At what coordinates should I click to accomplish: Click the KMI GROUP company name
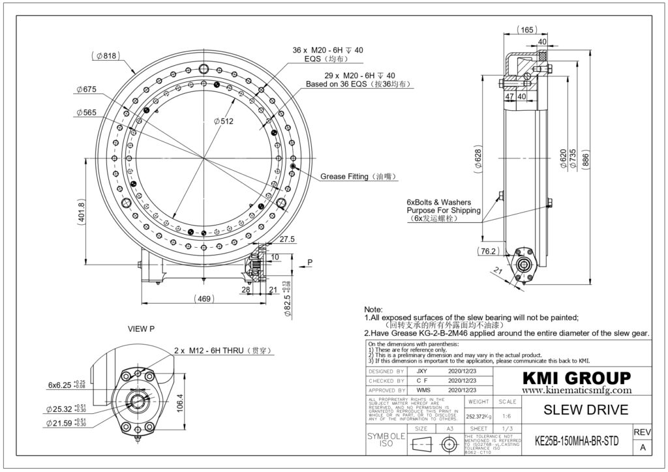click(x=576, y=378)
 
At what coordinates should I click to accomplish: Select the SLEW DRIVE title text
click(x=576, y=410)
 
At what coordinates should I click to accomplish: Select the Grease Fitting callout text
click(x=358, y=177)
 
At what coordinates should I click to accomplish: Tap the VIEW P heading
click(x=141, y=329)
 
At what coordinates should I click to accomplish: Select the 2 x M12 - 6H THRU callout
click(x=222, y=351)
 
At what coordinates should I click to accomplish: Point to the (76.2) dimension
click(x=487, y=251)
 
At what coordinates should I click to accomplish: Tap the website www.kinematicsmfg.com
click(x=577, y=390)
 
